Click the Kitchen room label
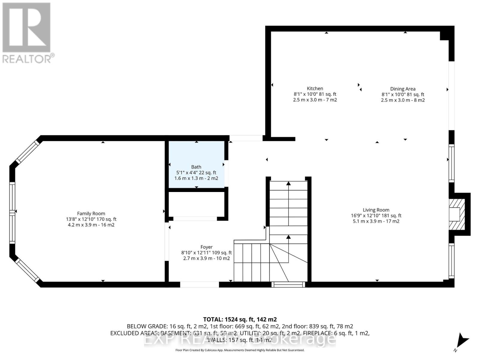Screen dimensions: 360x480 (x=315, y=88)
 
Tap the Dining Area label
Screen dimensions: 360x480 (x=403, y=89)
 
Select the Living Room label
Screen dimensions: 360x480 (x=376, y=210)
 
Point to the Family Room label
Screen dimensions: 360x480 (x=91, y=214)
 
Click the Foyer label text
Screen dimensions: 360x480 (x=206, y=247)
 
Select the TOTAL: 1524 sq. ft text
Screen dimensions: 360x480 (x=240, y=319)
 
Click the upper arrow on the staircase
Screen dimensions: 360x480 (x=288, y=184)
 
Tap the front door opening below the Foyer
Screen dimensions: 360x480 (x=199, y=284)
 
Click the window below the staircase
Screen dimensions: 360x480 (x=288, y=284)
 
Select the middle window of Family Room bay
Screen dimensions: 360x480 (x=12, y=212)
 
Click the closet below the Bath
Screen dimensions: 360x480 (x=196, y=204)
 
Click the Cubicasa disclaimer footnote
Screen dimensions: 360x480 (x=240, y=350)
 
